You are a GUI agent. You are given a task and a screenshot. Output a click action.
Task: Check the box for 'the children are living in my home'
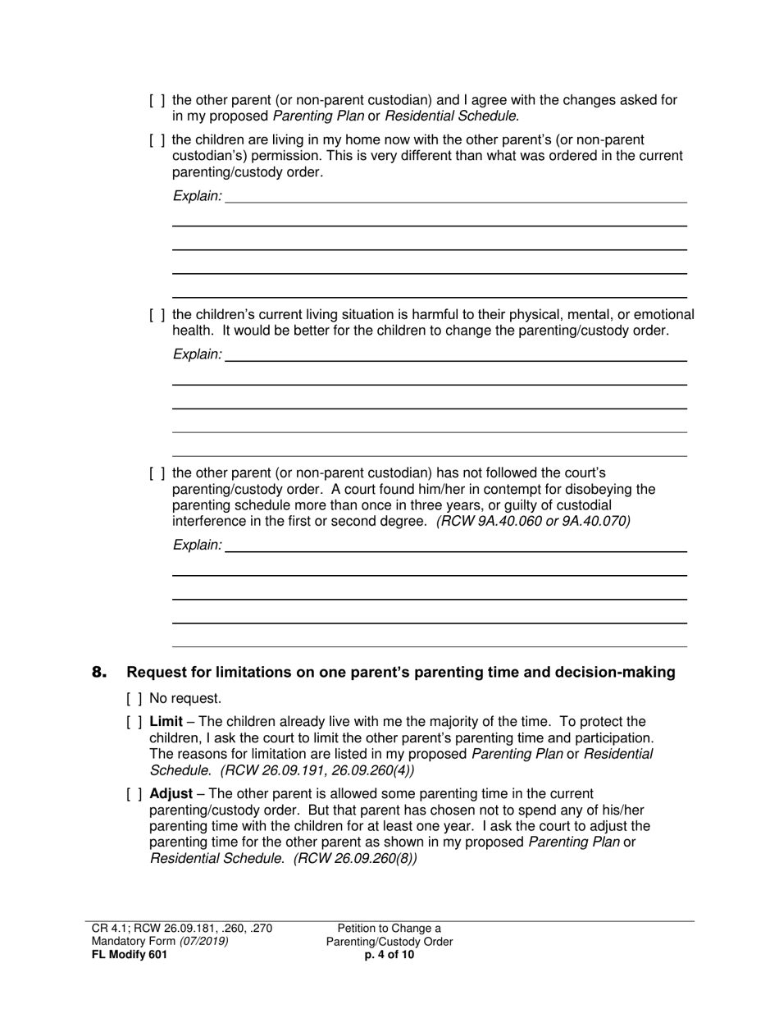pos(157,140)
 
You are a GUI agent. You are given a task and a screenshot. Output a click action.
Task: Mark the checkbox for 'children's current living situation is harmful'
pos(157,315)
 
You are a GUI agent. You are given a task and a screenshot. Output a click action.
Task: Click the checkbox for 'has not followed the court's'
pos(157,473)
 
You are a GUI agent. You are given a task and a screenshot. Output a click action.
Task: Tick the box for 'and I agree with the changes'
pos(157,101)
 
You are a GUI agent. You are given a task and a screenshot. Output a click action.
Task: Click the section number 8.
pos(99,673)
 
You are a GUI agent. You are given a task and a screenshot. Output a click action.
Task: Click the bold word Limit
pos(166,722)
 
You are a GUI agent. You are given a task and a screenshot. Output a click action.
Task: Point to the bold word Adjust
pos(171,794)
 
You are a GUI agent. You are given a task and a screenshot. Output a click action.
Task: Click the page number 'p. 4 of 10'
pos(389,954)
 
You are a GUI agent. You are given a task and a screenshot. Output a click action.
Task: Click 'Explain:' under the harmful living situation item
pos(197,354)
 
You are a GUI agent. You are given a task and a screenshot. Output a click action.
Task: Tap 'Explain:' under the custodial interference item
pos(197,545)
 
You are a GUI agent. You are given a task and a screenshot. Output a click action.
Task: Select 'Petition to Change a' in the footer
pos(389,929)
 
